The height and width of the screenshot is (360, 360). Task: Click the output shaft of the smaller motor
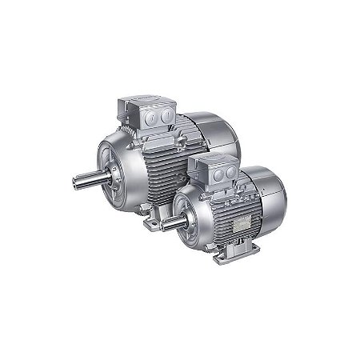[x=170, y=224]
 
